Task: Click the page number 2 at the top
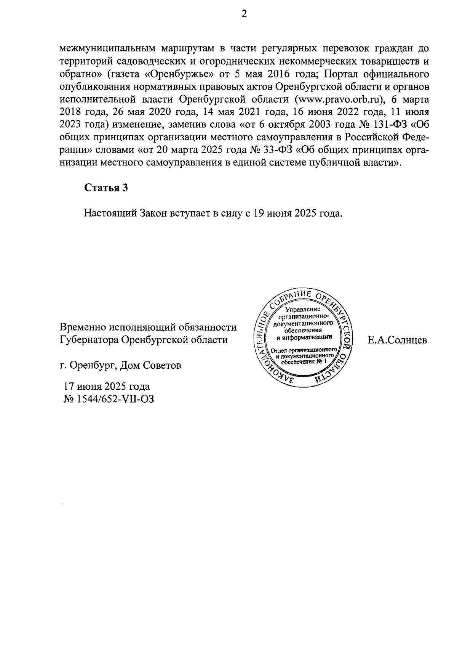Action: coord(244,14)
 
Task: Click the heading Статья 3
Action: coord(105,188)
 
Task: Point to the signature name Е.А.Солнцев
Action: coord(397,340)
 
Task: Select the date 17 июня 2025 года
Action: coord(107,386)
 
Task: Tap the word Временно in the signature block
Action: coord(82,327)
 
